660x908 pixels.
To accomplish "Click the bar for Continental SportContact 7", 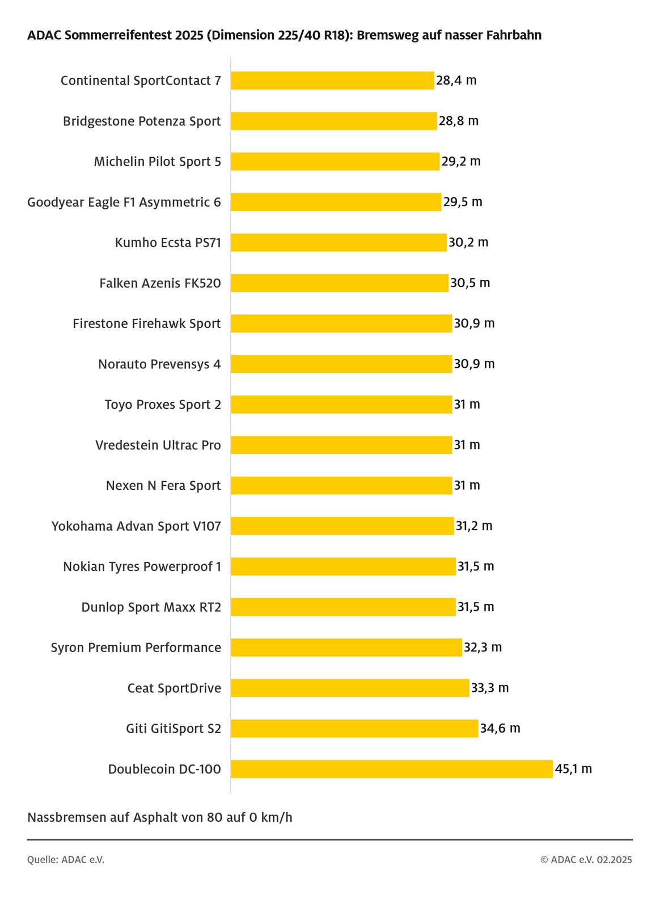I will click(332, 81).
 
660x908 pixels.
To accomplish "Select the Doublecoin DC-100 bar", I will click(391, 769).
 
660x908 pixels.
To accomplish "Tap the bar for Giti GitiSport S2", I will click(354, 729).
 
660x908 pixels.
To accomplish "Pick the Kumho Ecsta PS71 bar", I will click(339, 242).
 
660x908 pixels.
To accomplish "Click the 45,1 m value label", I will click(573, 769).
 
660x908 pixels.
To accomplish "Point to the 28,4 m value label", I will click(456, 81).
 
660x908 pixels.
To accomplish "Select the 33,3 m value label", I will click(490, 688).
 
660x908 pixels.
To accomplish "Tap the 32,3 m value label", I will click(483, 648).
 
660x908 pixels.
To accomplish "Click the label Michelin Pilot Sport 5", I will click(158, 162).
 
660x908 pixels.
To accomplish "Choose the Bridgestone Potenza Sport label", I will click(142, 121).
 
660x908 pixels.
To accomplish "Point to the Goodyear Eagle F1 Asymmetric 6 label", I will click(124, 202).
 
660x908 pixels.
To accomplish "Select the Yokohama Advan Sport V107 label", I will click(136, 526).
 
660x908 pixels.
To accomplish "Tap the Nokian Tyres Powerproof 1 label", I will click(142, 566).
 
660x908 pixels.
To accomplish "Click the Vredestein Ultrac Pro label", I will click(158, 445).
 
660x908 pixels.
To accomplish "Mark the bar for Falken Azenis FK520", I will click(340, 283).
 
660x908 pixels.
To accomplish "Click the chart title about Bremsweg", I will click(284, 35).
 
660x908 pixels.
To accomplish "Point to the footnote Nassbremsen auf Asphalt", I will click(160, 817).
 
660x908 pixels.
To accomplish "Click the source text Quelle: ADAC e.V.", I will click(66, 860).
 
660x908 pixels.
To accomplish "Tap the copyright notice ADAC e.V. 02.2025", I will click(586, 860).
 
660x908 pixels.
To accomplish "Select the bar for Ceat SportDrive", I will click(350, 688).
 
